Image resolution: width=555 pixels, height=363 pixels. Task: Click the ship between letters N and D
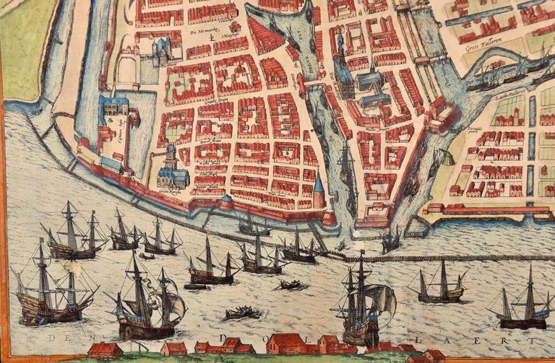[x=145, y=303]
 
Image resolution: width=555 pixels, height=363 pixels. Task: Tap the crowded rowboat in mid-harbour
[x=242, y=312]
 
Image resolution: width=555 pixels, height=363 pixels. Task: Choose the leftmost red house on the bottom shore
[x=104, y=351]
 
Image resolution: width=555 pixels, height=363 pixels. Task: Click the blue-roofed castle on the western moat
[x=116, y=119]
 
